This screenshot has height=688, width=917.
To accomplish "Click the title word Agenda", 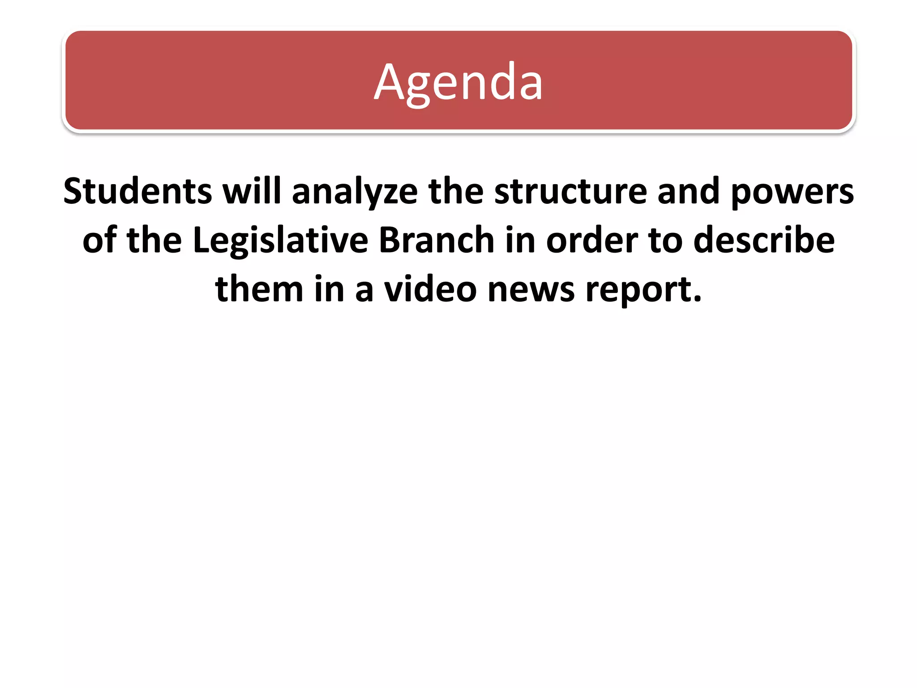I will point(458,83).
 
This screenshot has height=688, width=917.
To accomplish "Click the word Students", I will point(137,191).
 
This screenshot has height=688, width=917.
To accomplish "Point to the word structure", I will point(570,191).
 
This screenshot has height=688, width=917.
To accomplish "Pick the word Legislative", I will point(280,241).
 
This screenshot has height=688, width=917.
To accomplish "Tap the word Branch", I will point(437,241).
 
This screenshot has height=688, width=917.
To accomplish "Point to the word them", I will point(259,289).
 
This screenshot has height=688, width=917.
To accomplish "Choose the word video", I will point(430,289).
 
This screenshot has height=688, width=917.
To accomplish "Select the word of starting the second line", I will point(99,241).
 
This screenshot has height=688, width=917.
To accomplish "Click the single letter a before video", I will point(364,291).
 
